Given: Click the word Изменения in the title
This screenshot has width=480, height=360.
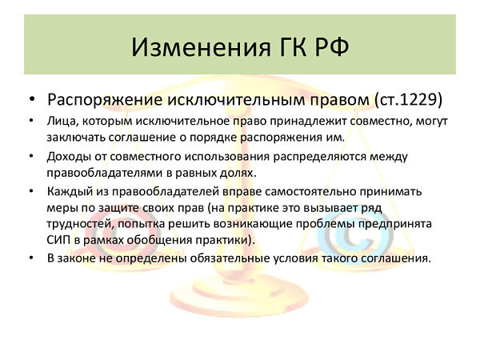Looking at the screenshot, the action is click(x=202, y=47).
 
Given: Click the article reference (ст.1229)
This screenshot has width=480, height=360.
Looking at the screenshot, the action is click(x=408, y=99).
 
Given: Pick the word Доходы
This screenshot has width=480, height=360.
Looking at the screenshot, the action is click(x=66, y=157).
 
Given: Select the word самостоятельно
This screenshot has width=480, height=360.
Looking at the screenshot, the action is click(x=310, y=192).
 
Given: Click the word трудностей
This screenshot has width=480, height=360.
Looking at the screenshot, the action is click(x=80, y=223).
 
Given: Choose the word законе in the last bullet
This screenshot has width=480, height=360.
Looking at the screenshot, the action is click(x=77, y=258).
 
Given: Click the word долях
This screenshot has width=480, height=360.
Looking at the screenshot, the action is click(x=238, y=174).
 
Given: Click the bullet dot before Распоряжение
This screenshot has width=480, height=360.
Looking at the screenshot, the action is click(x=32, y=100).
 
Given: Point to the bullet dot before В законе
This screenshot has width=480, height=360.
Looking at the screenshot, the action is click(x=31, y=258).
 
